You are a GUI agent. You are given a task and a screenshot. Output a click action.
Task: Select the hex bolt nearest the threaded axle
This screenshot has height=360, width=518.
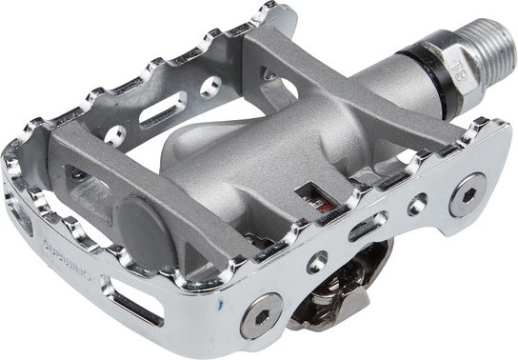click(x=467, y=196)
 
